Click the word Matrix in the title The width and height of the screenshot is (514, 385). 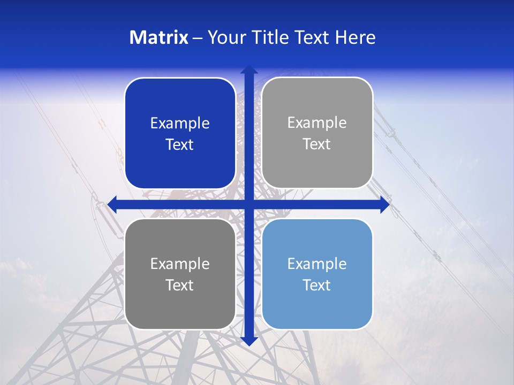159,37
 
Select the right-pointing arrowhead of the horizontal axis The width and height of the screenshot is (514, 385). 384,204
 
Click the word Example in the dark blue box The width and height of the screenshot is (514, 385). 180,124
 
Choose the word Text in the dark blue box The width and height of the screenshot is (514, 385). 180,145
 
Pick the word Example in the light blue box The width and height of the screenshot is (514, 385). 317,264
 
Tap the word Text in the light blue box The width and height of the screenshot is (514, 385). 317,285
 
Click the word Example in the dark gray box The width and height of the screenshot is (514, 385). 180,264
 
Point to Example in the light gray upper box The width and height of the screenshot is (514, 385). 317,123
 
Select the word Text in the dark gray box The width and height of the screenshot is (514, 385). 180,285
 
